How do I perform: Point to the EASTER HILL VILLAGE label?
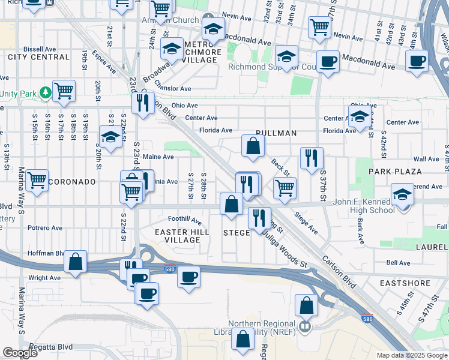(x=182, y=236)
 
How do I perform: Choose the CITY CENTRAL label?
(x=39, y=57)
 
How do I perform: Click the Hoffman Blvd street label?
(x=46, y=253)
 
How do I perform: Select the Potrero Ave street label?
(x=45, y=228)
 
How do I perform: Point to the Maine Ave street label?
(x=158, y=157)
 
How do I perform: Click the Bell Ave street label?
(x=398, y=263)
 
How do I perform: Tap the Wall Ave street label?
(x=426, y=159)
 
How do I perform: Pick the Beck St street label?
(x=280, y=168)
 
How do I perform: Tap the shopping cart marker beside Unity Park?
(x=64, y=91)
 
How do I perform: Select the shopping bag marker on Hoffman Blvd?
(x=75, y=262)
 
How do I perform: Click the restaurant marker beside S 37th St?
(x=312, y=158)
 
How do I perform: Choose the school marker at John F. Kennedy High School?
(x=402, y=194)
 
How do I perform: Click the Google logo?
(x=20, y=353)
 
